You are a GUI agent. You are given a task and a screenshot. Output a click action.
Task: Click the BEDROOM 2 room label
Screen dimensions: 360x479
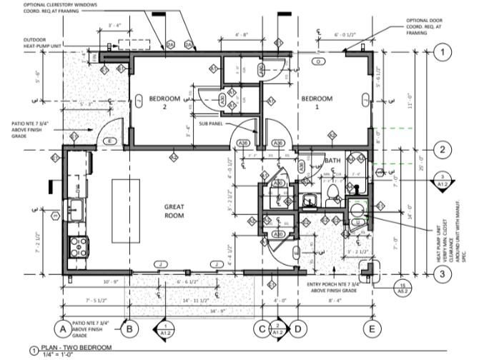[164, 102]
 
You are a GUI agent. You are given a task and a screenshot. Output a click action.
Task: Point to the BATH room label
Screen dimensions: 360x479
[332, 161]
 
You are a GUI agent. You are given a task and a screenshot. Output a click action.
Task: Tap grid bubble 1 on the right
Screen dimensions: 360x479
[443, 52]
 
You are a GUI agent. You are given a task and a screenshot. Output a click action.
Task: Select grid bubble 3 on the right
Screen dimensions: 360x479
[443, 273]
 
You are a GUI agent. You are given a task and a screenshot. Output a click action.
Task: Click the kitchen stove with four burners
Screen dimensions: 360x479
[76, 247]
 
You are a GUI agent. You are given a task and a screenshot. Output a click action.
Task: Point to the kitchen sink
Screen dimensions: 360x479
[75, 210]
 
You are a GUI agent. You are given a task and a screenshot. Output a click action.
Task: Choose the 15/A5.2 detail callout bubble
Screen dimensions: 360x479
[403, 288]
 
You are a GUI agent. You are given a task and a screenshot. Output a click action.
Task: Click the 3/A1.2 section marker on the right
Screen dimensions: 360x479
[443, 180]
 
